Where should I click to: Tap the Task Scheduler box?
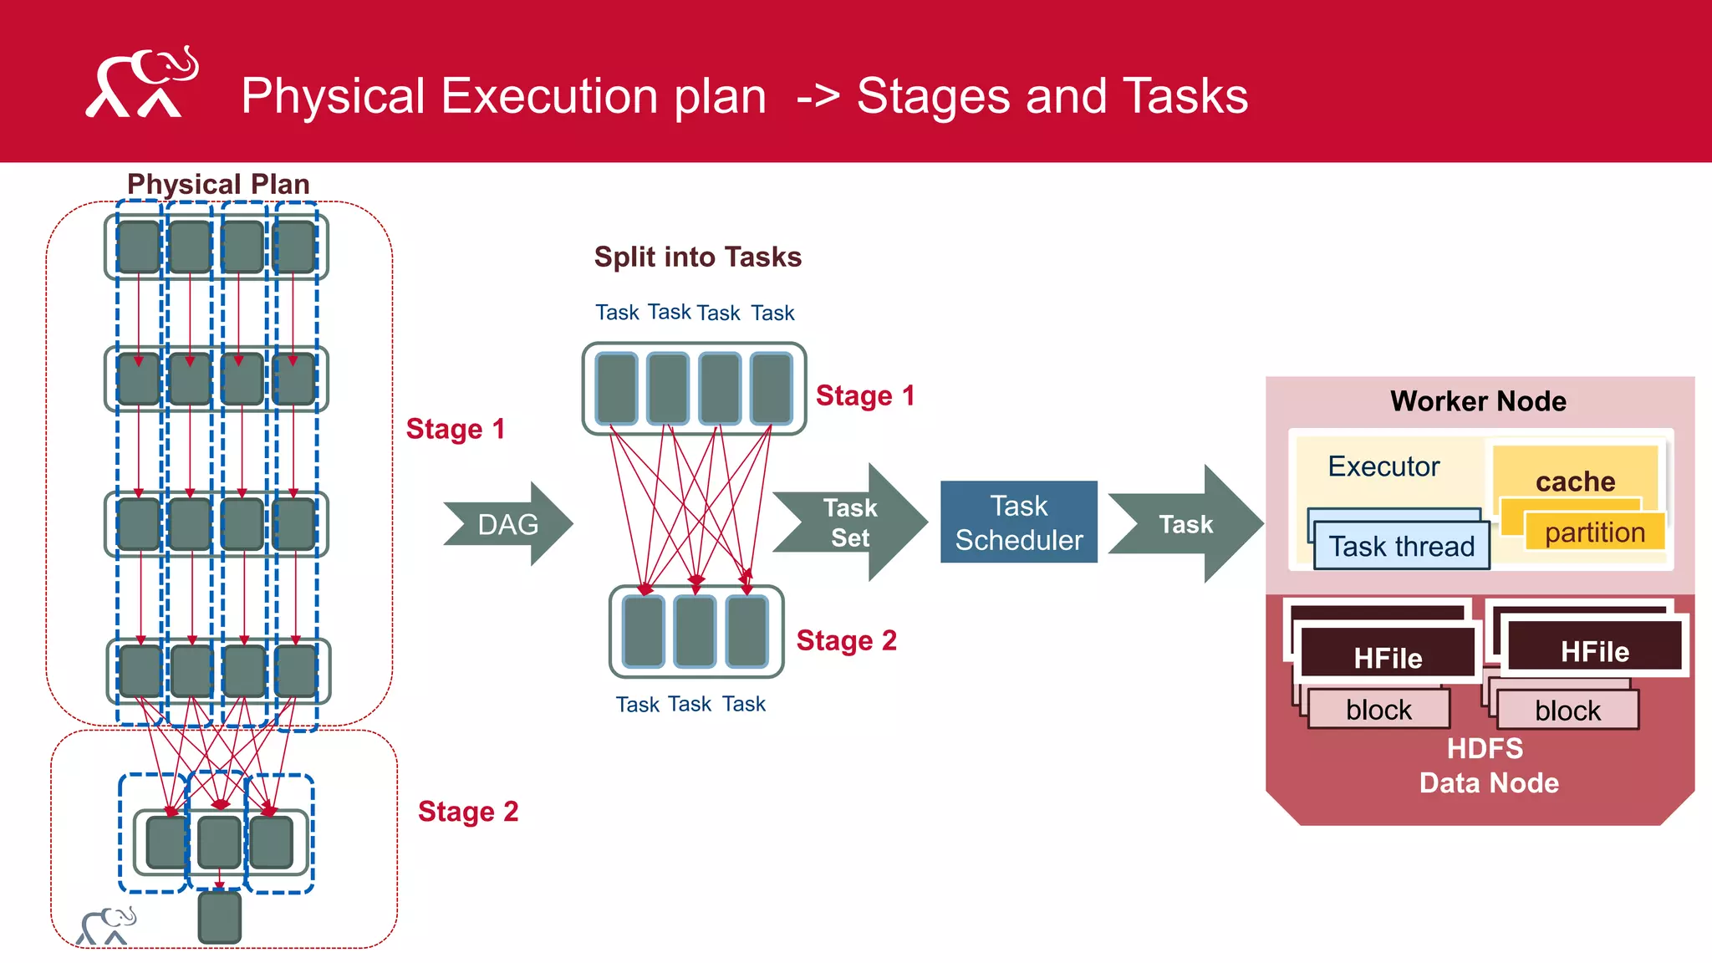(1018, 522)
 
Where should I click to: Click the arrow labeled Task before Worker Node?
(1185, 524)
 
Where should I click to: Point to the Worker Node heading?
(1478, 401)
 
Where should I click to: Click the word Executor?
(1383, 466)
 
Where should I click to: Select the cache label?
(1575, 481)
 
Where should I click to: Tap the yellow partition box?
(1594, 532)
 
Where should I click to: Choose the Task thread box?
(1402, 547)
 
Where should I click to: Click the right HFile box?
(1594, 651)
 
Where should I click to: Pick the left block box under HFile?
(1378, 710)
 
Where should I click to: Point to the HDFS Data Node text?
(1487, 766)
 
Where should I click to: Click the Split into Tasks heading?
(697, 257)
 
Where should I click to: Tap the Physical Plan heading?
(218, 184)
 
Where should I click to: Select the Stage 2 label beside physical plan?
(468, 812)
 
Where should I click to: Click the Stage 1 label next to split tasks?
(865, 395)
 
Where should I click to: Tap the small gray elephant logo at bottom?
(105, 925)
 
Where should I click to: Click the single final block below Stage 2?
(220, 918)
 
